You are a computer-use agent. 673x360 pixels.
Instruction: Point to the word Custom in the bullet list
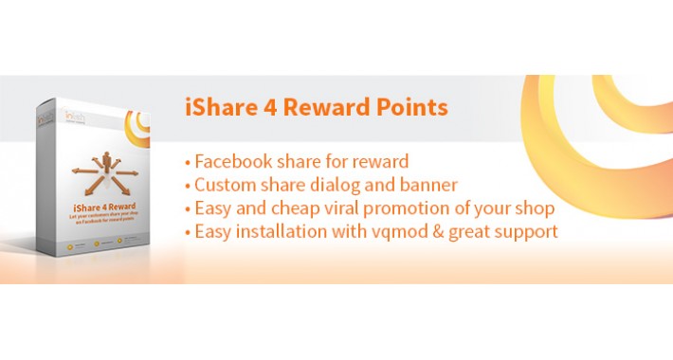(x=227, y=184)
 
